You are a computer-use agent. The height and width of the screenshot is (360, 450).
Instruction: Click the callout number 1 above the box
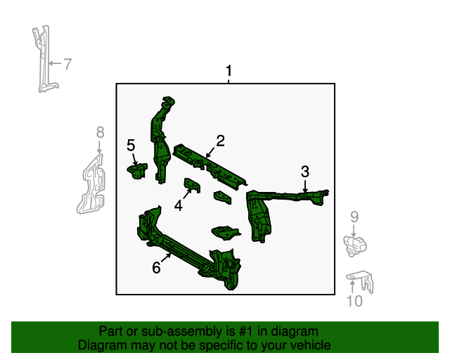(229, 70)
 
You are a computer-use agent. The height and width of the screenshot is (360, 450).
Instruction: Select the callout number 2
(220, 141)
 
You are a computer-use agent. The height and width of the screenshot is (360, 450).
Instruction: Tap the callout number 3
(305, 172)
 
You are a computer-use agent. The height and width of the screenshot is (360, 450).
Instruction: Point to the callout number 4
(178, 205)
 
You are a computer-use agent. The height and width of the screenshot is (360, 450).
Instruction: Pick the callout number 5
(131, 146)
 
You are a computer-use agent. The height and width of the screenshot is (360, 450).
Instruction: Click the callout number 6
(156, 268)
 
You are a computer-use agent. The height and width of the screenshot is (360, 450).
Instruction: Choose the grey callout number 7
(67, 64)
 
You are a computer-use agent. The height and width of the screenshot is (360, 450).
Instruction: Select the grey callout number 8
(100, 133)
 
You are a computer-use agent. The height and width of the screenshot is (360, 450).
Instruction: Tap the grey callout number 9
(354, 217)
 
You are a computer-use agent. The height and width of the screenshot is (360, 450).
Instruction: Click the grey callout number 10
(354, 301)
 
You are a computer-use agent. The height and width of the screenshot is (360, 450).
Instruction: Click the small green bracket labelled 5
(137, 171)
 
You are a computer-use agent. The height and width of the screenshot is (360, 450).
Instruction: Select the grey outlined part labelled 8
(91, 184)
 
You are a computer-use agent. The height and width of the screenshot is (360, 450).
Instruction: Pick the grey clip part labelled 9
(355, 246)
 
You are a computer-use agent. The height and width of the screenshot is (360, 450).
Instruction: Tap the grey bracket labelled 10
(360, 281)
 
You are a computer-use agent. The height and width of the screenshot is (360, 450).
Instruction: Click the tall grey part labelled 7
(44, 59)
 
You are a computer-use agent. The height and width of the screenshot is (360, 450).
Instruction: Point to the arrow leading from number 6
(166, 258)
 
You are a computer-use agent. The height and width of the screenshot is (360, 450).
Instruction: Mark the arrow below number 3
(305, 186)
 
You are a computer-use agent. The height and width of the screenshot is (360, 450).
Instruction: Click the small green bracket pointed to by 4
(192, 185)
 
